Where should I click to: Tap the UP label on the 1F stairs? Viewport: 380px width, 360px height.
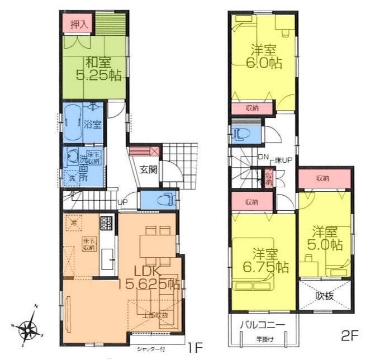point(121,203)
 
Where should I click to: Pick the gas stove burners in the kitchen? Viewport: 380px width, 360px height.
point(106,223)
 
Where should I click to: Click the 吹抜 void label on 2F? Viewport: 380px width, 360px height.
point(325,295)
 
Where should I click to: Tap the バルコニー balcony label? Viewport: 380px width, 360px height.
point(263,325)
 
